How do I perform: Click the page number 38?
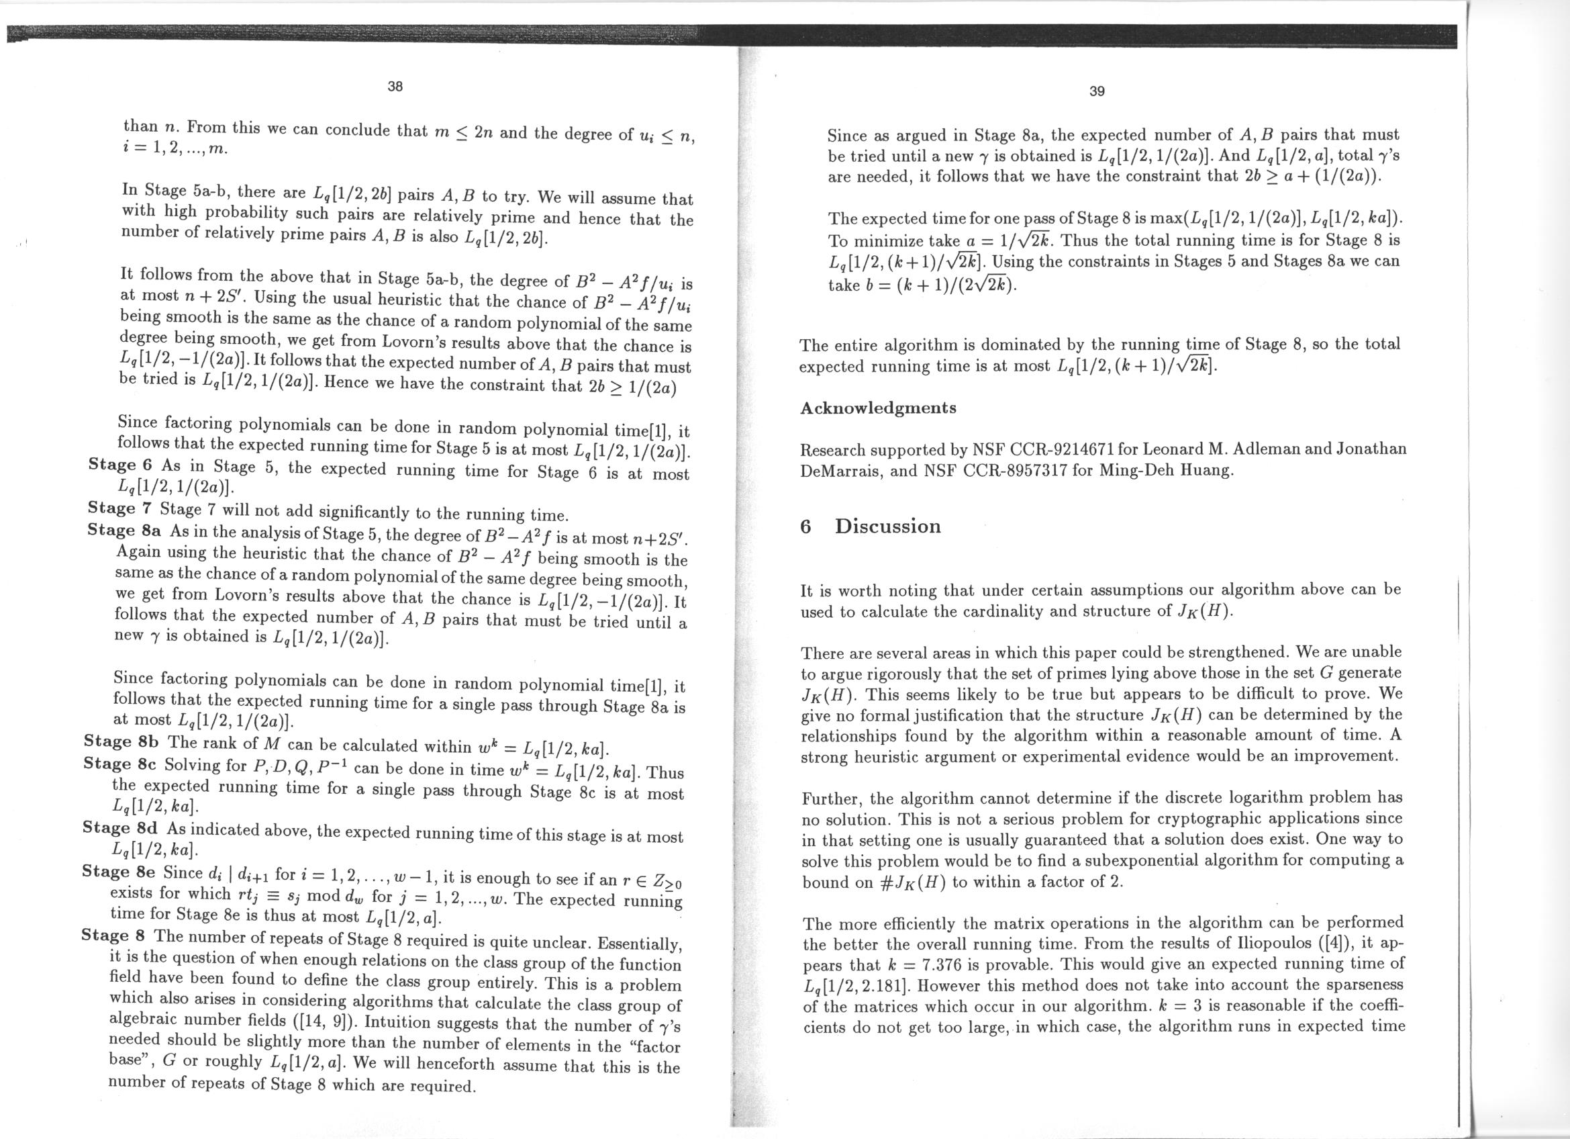395,87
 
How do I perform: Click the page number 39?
1097,91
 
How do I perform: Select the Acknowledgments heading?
878,408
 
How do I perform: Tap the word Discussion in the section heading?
887,527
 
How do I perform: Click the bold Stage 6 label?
120,465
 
